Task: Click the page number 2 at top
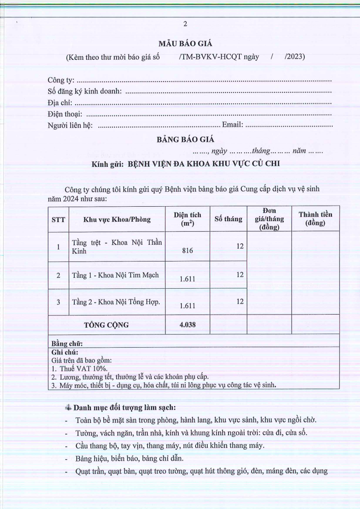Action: click(x=185, y=24)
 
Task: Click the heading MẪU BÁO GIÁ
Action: click(x=185, y=44)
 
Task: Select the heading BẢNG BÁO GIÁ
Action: click(x=185, y=140)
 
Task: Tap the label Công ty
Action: click(x=60, y=80)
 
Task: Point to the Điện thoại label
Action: click(x=64, y=114)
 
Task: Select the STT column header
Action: click(x=58, y=219)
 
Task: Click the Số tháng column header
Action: click(x=228, y=219)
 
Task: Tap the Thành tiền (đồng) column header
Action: click(x=315, y=219)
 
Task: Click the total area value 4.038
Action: click(x=188, y=325)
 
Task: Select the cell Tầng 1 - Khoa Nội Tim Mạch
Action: click(x=115, y=275)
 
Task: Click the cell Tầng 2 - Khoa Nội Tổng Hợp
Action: click(x=116, y=301)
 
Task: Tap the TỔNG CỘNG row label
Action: click(x=107, y=325)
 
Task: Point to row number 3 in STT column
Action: click(x=58, y=301)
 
